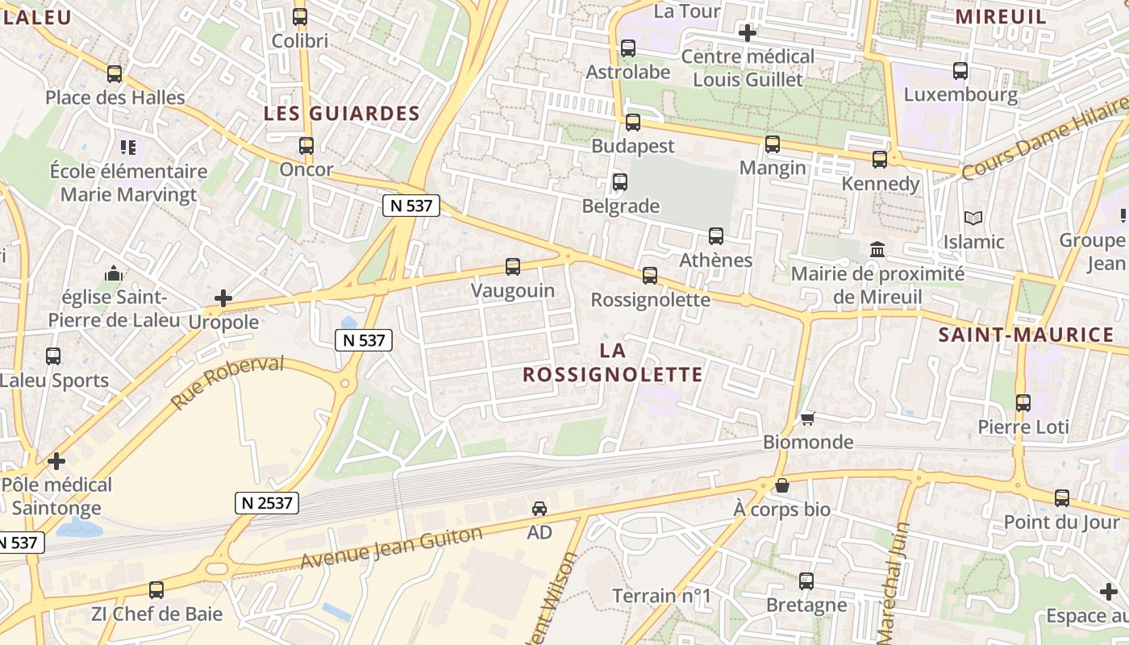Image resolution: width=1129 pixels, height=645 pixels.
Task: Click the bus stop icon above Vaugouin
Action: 512,266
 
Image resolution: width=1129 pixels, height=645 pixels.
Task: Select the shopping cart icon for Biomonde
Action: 807,418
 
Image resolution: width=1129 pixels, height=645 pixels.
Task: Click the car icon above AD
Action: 539,509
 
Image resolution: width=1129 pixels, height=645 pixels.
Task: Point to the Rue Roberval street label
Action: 227,381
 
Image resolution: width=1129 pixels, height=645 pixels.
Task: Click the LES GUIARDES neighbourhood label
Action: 342,114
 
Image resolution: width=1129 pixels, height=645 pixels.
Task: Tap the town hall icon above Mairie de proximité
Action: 877,250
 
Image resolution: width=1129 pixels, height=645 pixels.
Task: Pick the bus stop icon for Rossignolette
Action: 650,276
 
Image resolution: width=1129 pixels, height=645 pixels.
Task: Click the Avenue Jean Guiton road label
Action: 391,548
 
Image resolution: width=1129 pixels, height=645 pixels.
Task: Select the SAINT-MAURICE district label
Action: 1026,335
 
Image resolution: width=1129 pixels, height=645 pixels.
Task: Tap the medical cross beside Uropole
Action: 223,299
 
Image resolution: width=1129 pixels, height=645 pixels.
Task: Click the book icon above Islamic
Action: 973,218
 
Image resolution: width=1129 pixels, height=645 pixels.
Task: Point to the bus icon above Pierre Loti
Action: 1023,402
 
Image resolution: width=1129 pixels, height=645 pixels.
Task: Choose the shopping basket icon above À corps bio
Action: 781,485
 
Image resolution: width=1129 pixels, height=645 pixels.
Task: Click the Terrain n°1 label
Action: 662,597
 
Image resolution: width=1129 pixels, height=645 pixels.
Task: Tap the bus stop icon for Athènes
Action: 715,236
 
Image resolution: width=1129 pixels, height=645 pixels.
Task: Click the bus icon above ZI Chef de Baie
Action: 156,589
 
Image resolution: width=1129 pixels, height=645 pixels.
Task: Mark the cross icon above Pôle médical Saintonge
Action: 56,461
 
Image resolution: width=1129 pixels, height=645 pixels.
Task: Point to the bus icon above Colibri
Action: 300,16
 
